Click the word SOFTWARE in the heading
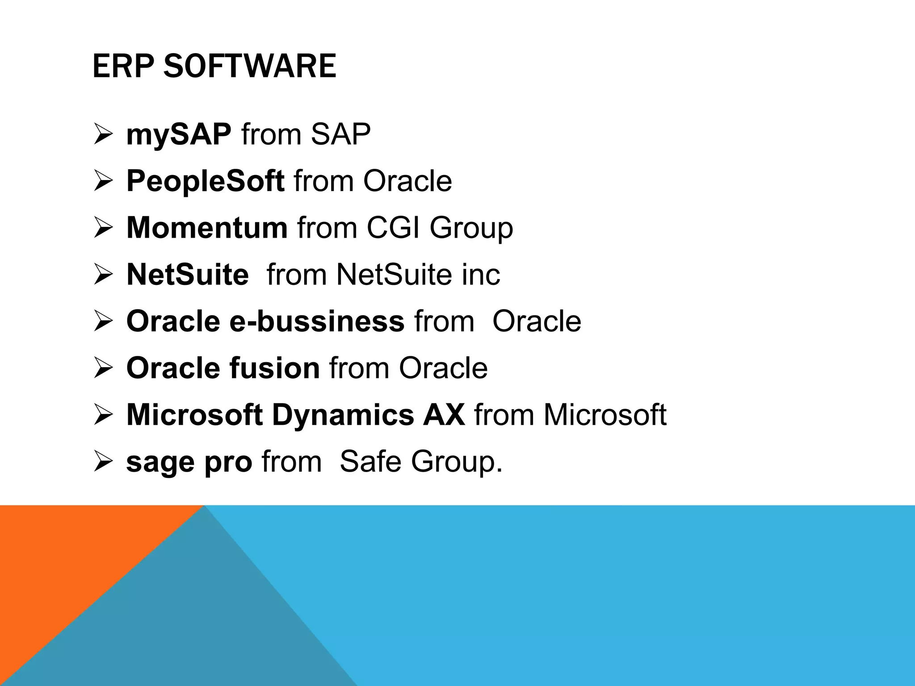point(250,66)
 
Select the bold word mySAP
point(179,134)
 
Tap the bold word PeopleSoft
point(205,181)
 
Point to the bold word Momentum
point(207,228)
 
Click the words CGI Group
point(440,228)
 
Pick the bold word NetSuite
point(188,274)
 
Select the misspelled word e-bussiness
point(317,321)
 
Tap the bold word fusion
point(274,368)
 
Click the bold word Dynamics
point(343,415)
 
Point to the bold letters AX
point(444,414)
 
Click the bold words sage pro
point(189,462)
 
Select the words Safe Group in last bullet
point(421,462)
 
